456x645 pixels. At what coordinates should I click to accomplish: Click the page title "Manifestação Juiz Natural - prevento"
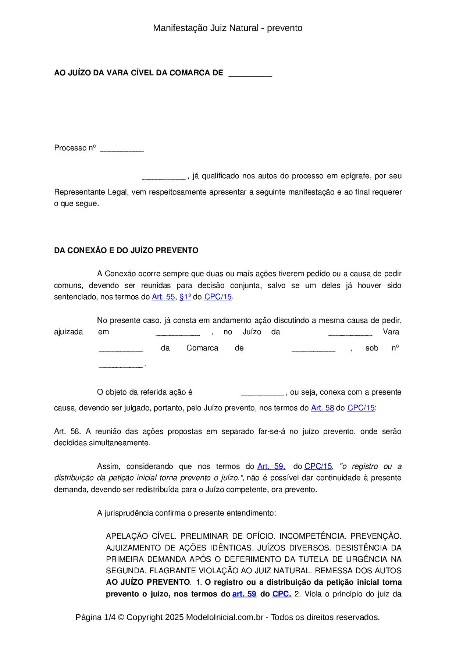pos(228,28)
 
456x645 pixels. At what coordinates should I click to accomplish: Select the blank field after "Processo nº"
pos(122,149)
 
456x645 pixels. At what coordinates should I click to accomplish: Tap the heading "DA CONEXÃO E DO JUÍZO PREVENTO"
pos(126,250)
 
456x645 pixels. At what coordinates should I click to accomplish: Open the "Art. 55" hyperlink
pos(163,297)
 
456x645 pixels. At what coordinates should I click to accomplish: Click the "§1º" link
pos(185,297)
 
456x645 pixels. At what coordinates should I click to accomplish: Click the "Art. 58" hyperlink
pos(323,408)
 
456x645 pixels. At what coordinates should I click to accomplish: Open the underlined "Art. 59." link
pos(271,466)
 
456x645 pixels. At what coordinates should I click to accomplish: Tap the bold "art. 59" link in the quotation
pos(244,594)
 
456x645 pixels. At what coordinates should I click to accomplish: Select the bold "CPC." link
pos(282,594)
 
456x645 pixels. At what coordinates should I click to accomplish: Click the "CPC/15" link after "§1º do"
pos(218,297)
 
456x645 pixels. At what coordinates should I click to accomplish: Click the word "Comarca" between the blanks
pos(202,348)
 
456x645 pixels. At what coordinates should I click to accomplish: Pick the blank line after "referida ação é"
pos(262,393)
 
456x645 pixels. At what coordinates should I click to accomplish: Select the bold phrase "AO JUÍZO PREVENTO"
pos(148,582)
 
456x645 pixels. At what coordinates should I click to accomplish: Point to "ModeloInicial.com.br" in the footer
pos(224,617)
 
